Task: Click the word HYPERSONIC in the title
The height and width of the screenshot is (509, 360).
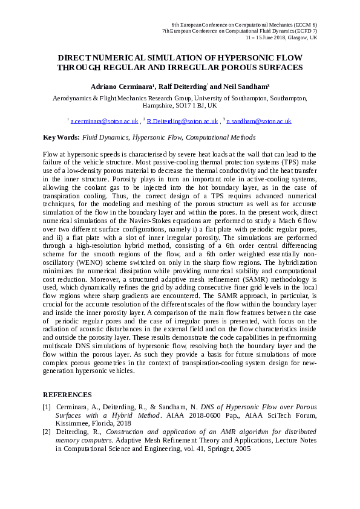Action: click(235, 57)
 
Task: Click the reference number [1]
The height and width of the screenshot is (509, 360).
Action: click(47, 407)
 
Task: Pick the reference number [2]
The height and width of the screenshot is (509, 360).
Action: click(47, 432)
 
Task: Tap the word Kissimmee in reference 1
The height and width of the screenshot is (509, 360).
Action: click(73, 424)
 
